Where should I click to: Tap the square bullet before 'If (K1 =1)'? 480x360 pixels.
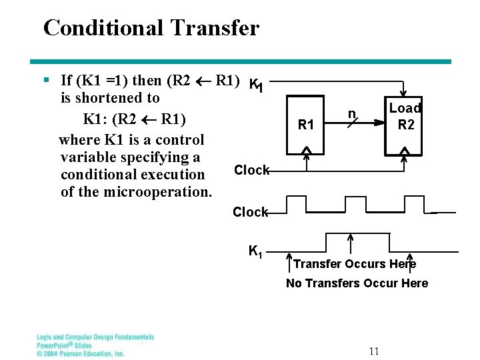point(46,81)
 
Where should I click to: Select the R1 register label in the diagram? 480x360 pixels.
point(306,124)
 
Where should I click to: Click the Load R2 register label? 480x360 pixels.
point(405,116)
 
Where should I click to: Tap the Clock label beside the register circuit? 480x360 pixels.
point(251,170)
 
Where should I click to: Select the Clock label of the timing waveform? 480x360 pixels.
point(249,212)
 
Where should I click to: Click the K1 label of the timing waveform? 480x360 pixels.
point(256,251)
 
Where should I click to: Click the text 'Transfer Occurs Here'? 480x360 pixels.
point(355,264)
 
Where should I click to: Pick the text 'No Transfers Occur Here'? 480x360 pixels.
point(357,283)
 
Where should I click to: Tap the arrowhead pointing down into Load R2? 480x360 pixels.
point(402,95)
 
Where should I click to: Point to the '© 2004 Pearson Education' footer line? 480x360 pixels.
point(80,353)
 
